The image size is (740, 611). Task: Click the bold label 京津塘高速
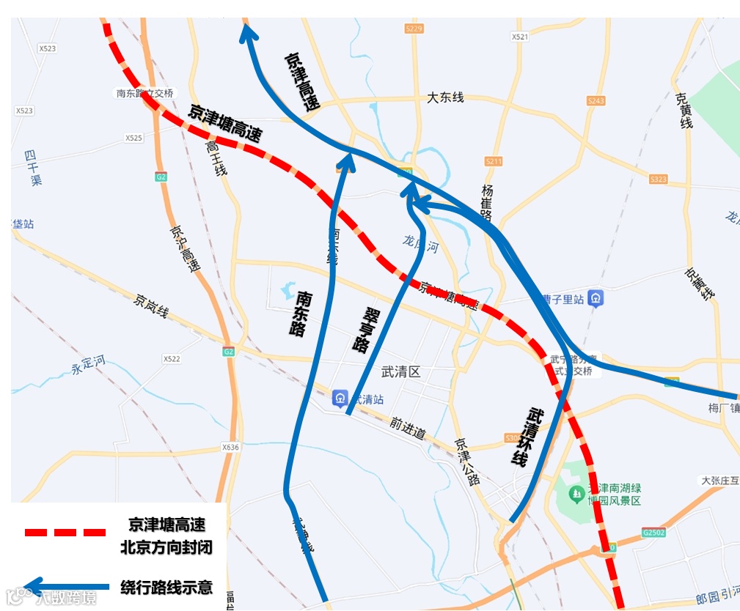[x=225, y=123]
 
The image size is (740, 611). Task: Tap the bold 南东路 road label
[x=300, y=314]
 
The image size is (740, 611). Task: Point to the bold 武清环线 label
[x=528, y=437]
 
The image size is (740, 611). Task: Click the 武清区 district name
[x=401, y=372]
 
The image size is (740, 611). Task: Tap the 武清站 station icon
[x=339, y=399]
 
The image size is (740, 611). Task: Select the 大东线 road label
[x=446, y=97]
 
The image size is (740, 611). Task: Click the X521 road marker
[x=519, y=37]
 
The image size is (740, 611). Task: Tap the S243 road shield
[x=596, y=100]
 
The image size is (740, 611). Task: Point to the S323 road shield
[x=659, y=179]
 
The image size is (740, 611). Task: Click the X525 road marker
[x=133, y=138]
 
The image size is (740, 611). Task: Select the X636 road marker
[x=230, y=447]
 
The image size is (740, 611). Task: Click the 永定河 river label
[x=89, y=361]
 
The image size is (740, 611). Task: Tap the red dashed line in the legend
[x=65, y=532]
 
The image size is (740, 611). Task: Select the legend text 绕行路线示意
[x=166, y=587]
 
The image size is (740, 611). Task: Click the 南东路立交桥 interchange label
[x=144, y=94]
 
